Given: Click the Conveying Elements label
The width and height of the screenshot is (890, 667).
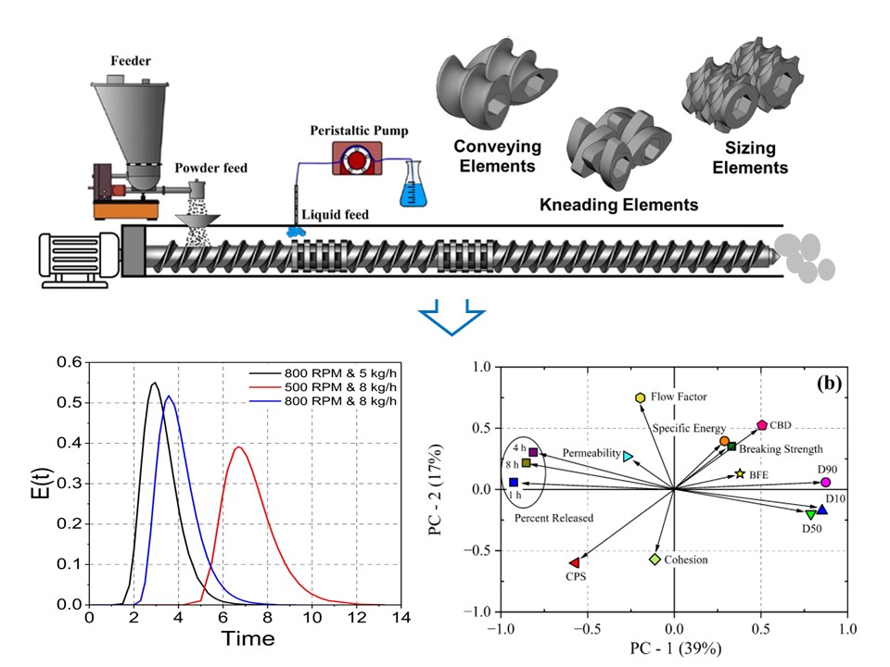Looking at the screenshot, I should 497,157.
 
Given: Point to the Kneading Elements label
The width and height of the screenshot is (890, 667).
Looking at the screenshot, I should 620,204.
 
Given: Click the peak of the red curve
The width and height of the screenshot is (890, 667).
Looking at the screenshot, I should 238,447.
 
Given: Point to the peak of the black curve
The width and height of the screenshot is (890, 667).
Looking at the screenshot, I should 154,384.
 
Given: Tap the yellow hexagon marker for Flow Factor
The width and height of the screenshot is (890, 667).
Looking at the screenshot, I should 640,397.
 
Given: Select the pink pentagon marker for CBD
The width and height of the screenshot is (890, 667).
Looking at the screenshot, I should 762,425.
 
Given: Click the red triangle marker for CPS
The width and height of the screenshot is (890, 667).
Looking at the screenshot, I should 575,562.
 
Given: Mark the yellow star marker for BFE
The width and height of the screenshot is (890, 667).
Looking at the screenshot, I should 740,473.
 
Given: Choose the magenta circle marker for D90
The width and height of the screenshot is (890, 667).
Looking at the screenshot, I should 825,482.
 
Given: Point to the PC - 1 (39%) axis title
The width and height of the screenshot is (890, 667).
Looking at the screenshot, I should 674,648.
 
